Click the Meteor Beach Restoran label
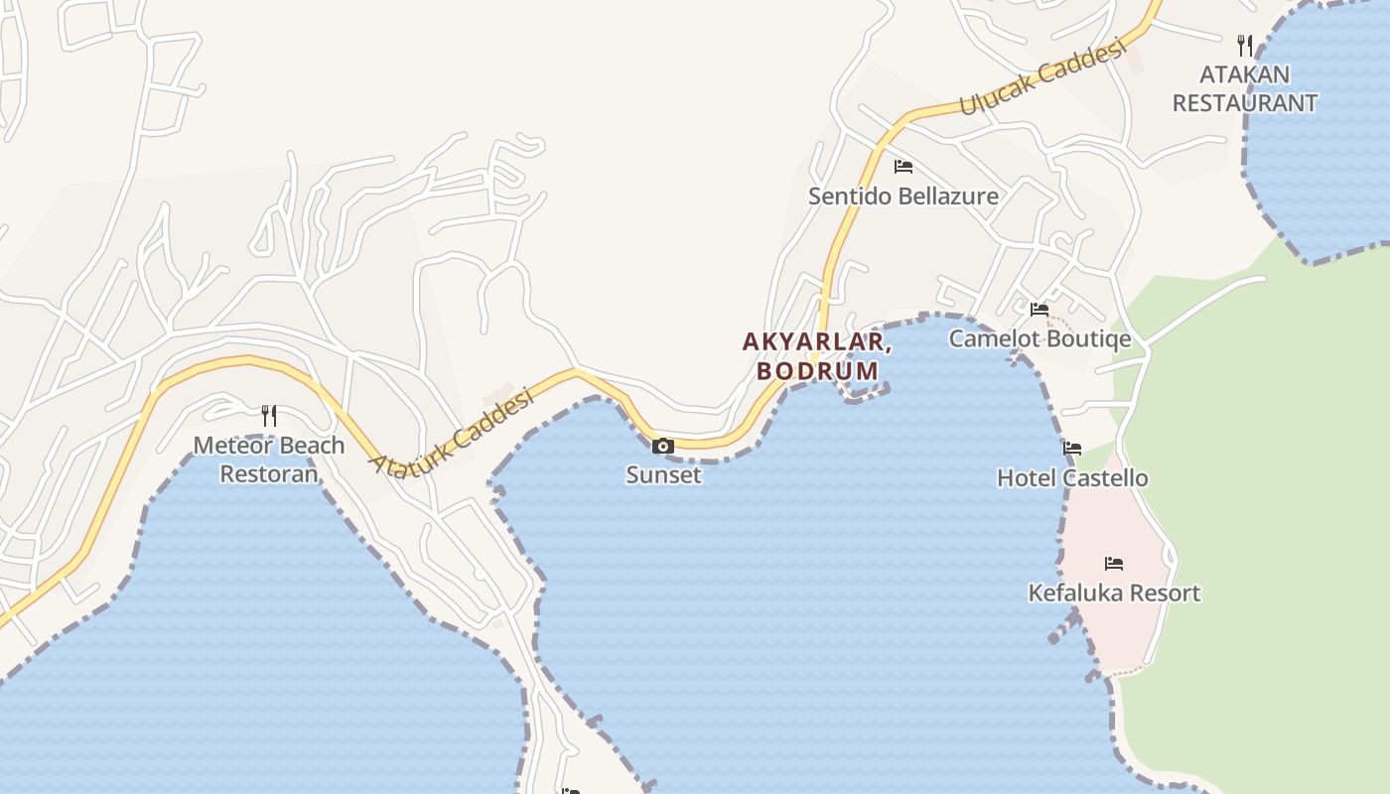coord(269,459)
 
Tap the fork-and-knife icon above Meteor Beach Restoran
coord(268,415)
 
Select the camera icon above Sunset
coord(663,447)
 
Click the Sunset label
coord(663,474)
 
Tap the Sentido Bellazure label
coord(903,196)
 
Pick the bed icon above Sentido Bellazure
coord(903,166)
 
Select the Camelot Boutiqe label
coord(1040,338)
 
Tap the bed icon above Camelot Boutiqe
coord(1040,310)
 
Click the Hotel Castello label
coord(1072,477)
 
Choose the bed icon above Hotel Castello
coord(1072,449)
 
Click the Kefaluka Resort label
coord(1114,593)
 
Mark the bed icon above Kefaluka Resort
coord(1114,564)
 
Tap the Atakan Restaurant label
coord(1245,88)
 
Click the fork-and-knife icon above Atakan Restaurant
coord(1245,45)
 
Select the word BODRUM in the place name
coord(817,371)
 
